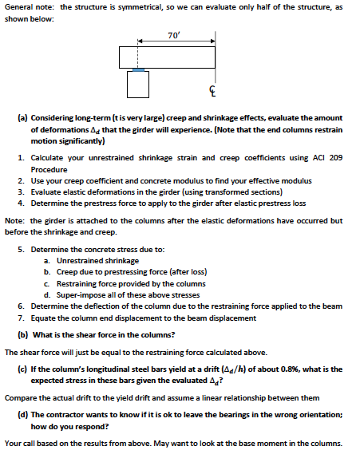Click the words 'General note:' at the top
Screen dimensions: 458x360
pos(29,6)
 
